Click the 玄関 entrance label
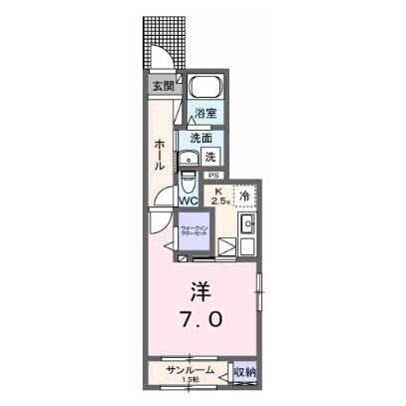click(x=162, y=87)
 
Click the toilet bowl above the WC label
click(x=191, y=180)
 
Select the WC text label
click(x=190, y=200)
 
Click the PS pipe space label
click(x=212, y=178)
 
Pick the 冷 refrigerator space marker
click(x=243, y=197)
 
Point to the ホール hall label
click(x=159, y=155)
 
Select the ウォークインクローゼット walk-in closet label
click(x=194, y=232)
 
